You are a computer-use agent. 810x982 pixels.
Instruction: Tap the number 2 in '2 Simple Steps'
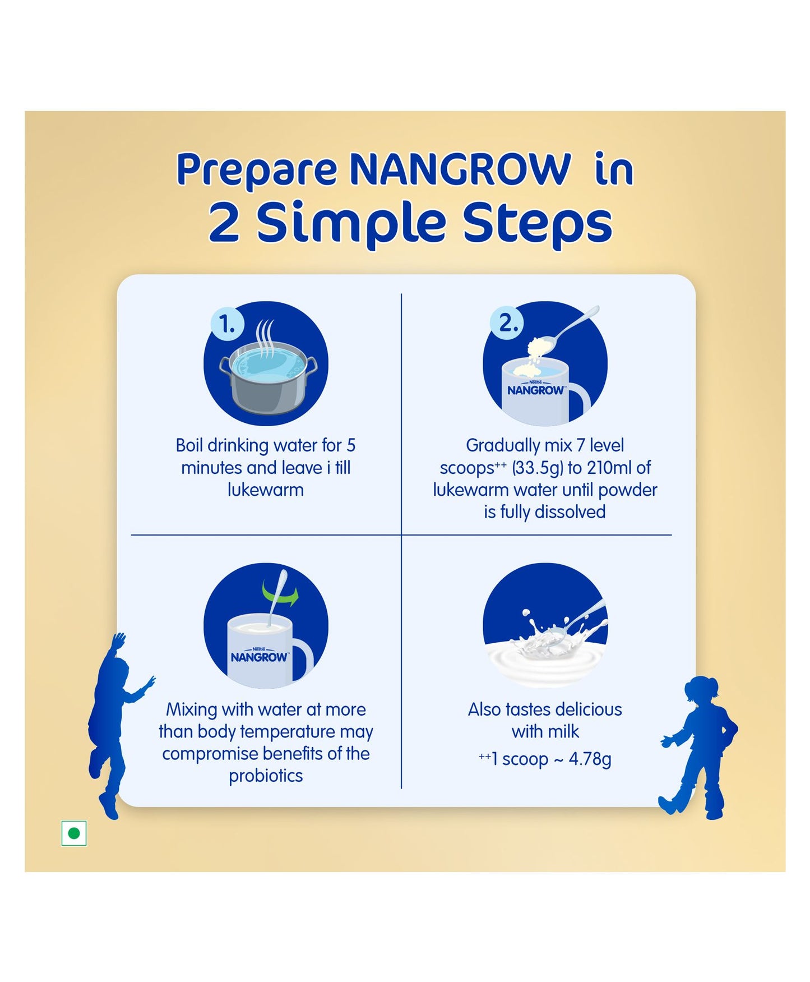[x=224, y=223]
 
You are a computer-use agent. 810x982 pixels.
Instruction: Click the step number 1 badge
[x=228, y=324]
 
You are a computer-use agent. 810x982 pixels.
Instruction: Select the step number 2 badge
[x=507, y=323]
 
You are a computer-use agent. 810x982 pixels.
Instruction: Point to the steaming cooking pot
[x=268, y=373]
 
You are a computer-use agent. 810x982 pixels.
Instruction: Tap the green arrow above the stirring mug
[x=281, y=593]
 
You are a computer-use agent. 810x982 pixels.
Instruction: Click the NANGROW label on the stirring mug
[x=260, y=657]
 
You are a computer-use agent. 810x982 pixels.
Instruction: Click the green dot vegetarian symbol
[x=74, y=833]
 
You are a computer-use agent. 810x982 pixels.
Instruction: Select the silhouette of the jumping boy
[x=118, y=726]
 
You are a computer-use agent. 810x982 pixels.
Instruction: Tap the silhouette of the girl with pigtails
[x=698, y=748]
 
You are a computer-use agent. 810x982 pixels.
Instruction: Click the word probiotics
[x=266, y=776]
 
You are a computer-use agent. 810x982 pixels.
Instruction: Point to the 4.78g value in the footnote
[x=590, y=759]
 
